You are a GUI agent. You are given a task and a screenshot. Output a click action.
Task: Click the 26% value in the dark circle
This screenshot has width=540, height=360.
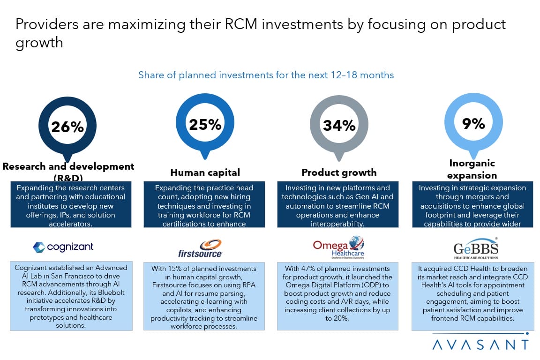coord(67,127)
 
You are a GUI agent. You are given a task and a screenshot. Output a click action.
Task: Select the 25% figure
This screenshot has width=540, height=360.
coord(205,124)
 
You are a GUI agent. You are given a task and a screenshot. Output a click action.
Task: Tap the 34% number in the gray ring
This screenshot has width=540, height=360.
coord(339,125)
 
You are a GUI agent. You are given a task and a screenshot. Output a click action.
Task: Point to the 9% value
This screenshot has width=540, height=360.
coord(473,123)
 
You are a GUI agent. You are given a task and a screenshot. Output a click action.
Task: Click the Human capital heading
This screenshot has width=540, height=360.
coord(205,172)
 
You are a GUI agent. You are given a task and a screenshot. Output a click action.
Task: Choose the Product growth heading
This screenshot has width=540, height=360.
coord(339,172)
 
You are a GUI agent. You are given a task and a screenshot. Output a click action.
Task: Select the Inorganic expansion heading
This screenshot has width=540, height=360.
coord(472,169)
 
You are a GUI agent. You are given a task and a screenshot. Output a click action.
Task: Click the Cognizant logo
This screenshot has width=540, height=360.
coord(64,247)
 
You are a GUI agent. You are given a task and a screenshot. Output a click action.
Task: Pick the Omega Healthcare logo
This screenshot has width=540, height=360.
coord(338,247)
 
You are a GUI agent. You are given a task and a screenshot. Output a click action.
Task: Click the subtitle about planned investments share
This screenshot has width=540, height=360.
coord(266,75)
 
